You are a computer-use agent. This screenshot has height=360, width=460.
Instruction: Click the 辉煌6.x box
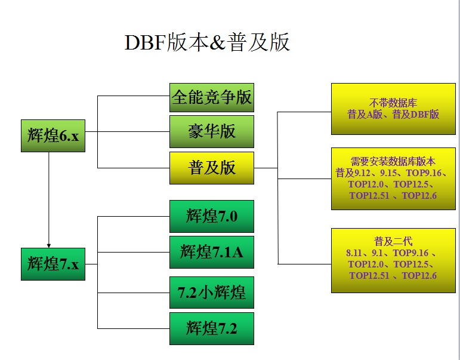click(x=53, y=136)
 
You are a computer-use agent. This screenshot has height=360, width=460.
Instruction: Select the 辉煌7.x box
click(x=53, y=264)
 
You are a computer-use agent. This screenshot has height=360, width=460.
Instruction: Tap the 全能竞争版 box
click(x=212, y=97)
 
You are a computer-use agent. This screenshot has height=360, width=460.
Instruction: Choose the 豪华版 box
click(x=212, y=131)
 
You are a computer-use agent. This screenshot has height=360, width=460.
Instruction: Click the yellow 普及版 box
click(x=212, y=168)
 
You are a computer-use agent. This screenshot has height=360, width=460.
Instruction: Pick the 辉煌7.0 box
click(x=212, y=216)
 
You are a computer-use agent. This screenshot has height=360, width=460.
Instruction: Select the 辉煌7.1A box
click(x=212, y=252)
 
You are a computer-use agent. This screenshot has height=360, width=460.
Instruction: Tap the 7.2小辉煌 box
click(x=212, y=293)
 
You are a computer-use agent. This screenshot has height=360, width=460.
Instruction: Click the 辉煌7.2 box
click(x=212, y=328)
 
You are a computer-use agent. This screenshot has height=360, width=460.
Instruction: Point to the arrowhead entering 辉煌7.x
click(x=49, y=246)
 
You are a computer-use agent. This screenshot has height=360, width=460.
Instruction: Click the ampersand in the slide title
click(x=218, y=43)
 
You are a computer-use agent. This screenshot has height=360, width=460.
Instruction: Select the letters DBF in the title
click(x=146, y=43)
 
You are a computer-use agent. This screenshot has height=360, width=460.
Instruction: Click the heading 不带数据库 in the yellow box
click(x=393, y=103)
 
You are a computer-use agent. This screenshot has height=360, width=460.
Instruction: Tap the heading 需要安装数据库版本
click(x=393, y=162)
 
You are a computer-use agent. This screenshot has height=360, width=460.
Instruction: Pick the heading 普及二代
click(x=393, y=241)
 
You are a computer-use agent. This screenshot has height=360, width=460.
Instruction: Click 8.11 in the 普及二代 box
click(x=354, y=253)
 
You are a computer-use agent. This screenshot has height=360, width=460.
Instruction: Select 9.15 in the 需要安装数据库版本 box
click(x=388, y=173)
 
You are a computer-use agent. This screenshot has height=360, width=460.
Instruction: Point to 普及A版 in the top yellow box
click(x=365, y=114)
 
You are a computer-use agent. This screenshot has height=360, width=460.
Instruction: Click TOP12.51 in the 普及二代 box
click(x=369, y=276)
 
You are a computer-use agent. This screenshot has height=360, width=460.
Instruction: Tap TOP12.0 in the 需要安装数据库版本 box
click(x=366, y=184)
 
